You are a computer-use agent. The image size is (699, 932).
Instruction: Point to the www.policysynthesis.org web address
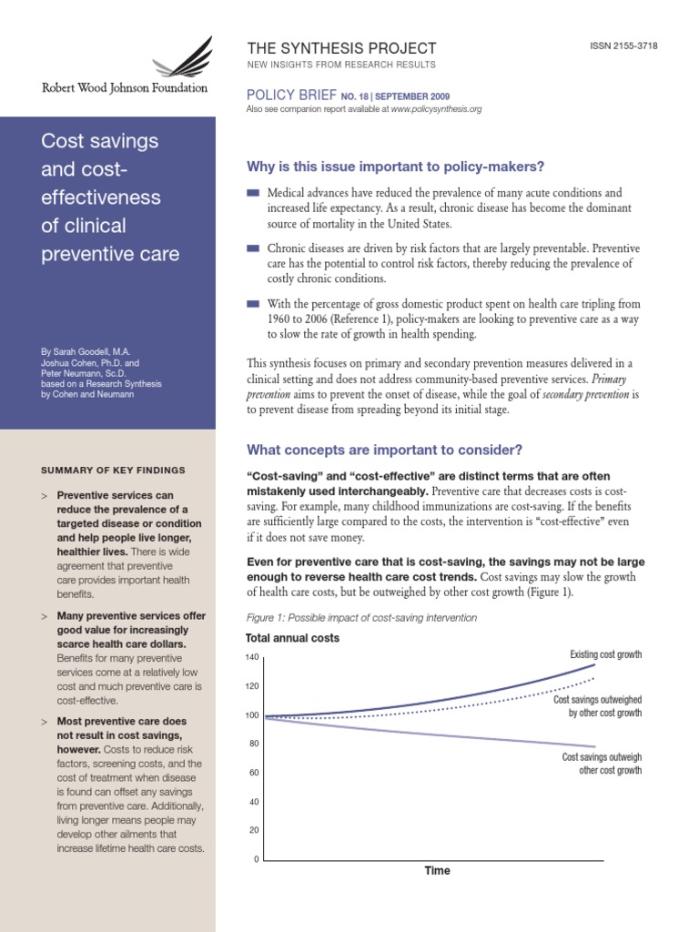(x=436, y=109)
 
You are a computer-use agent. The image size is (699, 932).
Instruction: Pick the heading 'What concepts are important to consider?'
(x=385, y=451)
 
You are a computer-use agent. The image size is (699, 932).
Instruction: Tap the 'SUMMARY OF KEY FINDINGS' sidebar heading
(x=113, y=471)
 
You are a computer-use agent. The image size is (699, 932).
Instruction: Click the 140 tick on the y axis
(x=252, y=658)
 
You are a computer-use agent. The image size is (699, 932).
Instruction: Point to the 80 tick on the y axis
(x=254, y=745)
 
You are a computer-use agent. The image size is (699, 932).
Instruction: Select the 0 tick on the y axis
(x=257, y=860)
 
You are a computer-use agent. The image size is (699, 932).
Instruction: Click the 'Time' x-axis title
(x=437, y=871)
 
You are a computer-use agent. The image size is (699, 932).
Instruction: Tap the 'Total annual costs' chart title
(x=293, y=638)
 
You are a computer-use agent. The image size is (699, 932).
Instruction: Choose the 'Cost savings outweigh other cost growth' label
(x=602, y=764)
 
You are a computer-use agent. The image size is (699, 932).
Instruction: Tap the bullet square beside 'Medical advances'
(x=252, y=193)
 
